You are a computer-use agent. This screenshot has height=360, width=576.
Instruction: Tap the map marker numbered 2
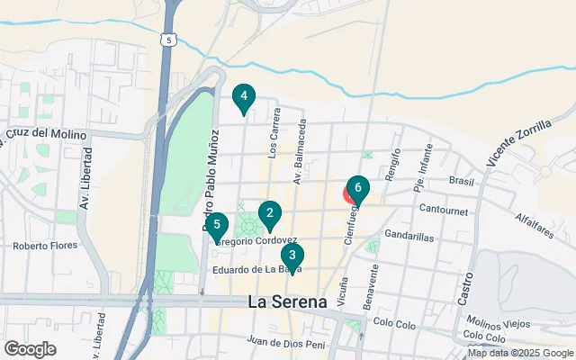coord(269,214)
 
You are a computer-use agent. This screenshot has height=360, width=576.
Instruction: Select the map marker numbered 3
coord(292,256)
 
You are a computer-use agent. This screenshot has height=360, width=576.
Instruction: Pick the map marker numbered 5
coord(217,225)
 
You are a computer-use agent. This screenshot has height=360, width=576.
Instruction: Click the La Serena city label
coord(287,302)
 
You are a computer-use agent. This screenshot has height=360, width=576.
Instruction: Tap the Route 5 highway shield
coord(167,39)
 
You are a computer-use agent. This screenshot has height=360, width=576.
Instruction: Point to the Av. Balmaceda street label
coord(299,154)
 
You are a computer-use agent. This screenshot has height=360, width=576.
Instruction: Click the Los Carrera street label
coord(274,130)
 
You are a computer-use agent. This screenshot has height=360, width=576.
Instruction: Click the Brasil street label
coord(459,180)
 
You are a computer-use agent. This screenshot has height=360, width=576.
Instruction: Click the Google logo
coord(30,348)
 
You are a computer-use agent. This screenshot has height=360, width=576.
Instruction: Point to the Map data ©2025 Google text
coord(519,353)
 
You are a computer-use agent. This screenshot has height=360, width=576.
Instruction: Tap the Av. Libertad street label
coord(84,187)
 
